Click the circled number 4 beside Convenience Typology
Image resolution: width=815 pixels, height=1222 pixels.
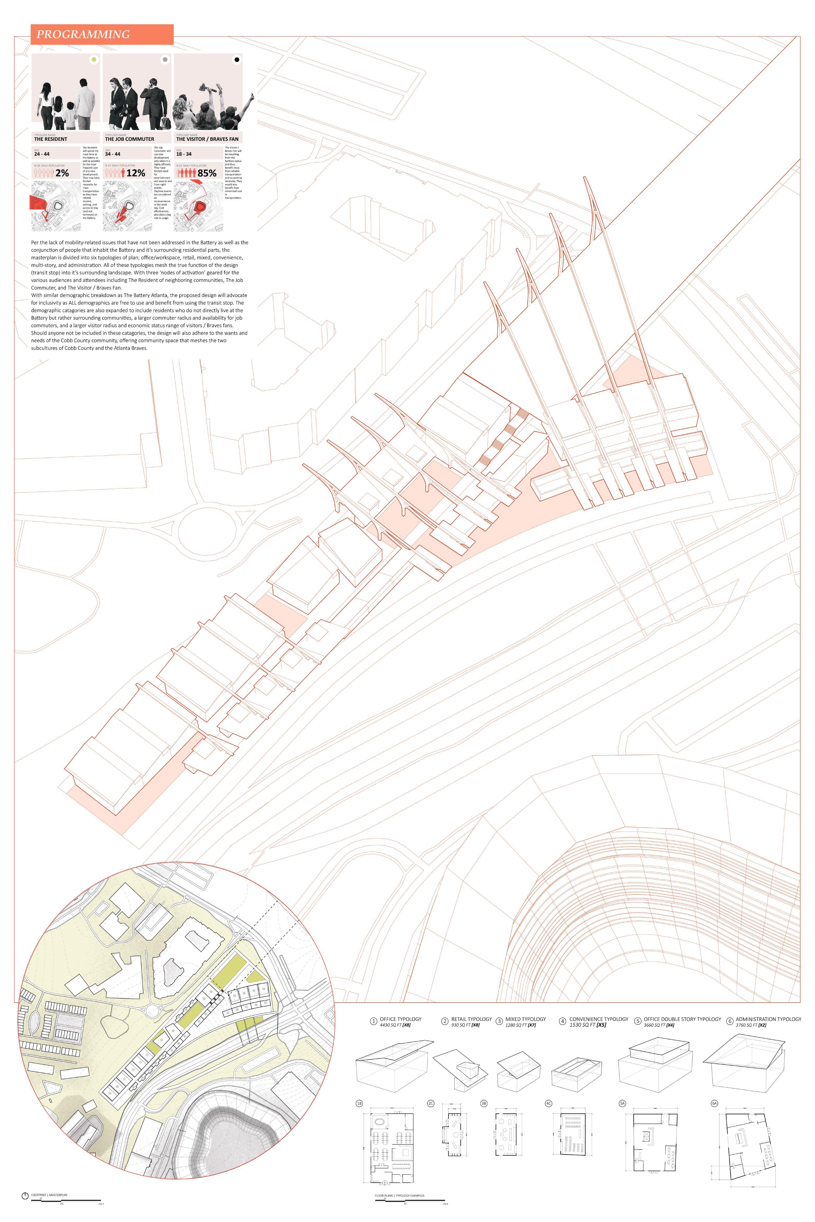(562, 1021)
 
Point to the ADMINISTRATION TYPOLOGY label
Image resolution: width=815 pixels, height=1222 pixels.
(768, 1019)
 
